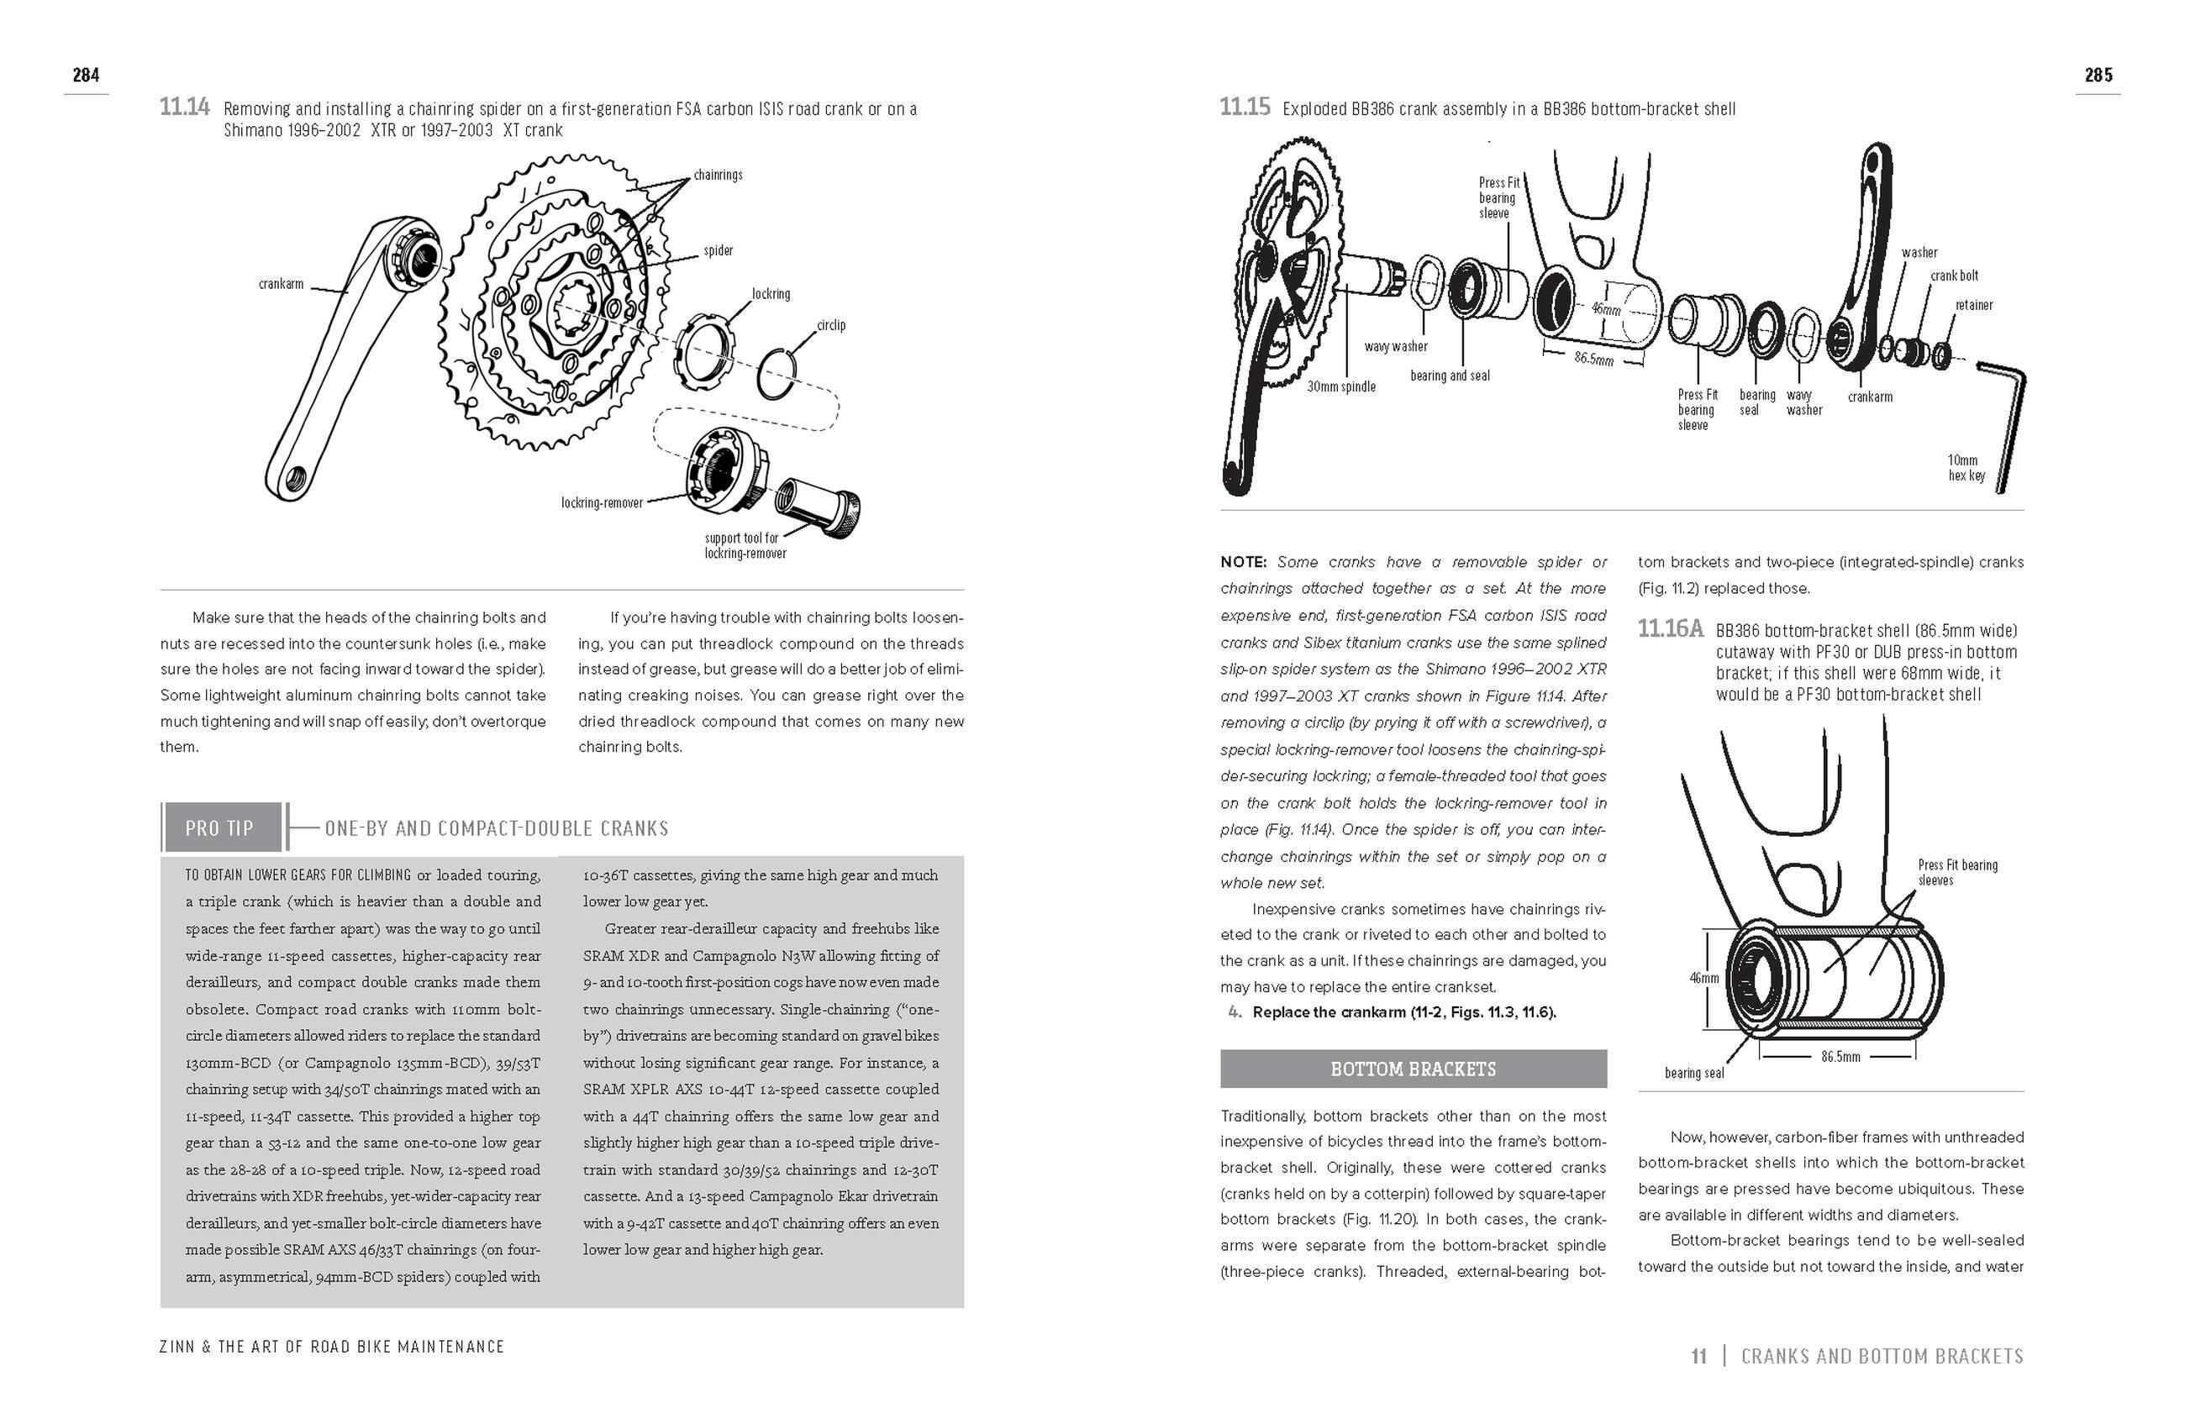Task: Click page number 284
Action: (87, 76)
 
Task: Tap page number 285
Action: (2098, 76)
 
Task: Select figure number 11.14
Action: (184, 108)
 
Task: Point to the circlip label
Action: (830, 325)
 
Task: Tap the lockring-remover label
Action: (602, 503)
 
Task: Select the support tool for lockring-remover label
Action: (745, 545)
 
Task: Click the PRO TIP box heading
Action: (219, 827)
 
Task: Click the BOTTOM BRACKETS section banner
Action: (1413, 1069)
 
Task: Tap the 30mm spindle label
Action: (1340, 387)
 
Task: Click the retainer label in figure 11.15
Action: (1974, 305)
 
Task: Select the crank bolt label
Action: (1954, 276)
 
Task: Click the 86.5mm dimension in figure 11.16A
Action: (1840, 1057)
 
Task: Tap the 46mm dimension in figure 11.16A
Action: (1703, 978)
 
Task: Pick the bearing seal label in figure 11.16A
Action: (1694, 1073)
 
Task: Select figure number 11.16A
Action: (1670, 629)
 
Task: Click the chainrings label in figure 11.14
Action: (718, 175)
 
